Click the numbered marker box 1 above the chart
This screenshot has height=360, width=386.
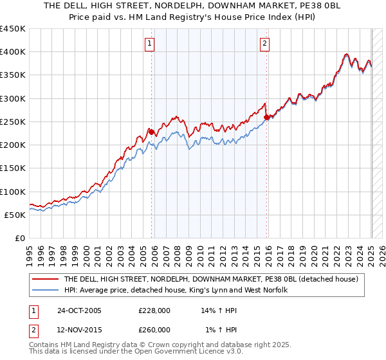pos(149,44)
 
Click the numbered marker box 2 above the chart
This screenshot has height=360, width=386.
pos(264,44)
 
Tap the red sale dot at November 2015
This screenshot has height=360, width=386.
pos(267,117)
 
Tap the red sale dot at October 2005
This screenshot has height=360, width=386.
pos(152,132)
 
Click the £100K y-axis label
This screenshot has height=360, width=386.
pos(13,192)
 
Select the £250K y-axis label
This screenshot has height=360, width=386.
pos(13,122)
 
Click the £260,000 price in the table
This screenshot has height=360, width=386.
pos(154,330)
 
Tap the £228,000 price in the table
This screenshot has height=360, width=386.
pos(154,310)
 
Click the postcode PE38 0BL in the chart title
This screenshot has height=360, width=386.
pos(302,5)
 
